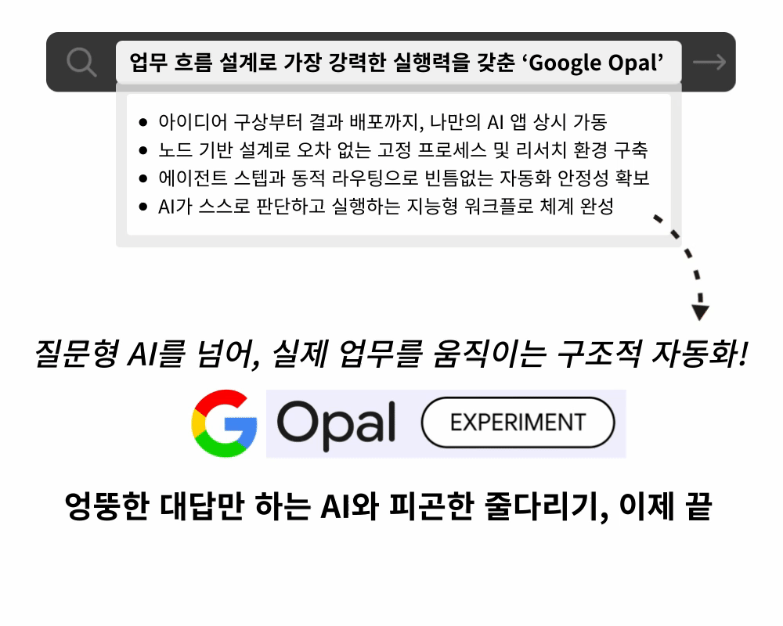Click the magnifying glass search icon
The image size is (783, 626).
81,62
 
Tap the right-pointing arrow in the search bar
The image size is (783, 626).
709,62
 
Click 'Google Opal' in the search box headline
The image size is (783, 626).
596,63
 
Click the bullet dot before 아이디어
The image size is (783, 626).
143,122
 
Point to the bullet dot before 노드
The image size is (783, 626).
143,149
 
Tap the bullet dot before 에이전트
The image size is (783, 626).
143,178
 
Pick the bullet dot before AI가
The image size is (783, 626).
143,206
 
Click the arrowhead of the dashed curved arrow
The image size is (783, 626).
700,312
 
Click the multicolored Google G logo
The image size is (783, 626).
224,423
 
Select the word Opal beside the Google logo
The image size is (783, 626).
336,424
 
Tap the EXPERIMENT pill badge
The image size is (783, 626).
518,423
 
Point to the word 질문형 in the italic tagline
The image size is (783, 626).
77,354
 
